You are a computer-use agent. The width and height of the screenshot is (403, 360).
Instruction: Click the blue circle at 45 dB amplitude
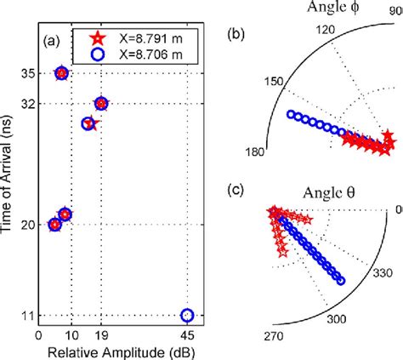pos(188,316)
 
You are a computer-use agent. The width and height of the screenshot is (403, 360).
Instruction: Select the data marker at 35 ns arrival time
pos(61,74)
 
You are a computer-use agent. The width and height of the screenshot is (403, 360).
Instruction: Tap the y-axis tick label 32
pos(28,104)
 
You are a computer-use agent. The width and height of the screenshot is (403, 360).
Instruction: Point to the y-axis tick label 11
pos(28,316)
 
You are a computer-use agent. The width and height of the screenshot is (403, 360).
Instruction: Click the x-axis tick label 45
pos(188,336)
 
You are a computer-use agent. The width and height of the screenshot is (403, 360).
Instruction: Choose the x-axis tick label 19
pos(101,336)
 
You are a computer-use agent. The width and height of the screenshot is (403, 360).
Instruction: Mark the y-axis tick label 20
pos(28,225)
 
